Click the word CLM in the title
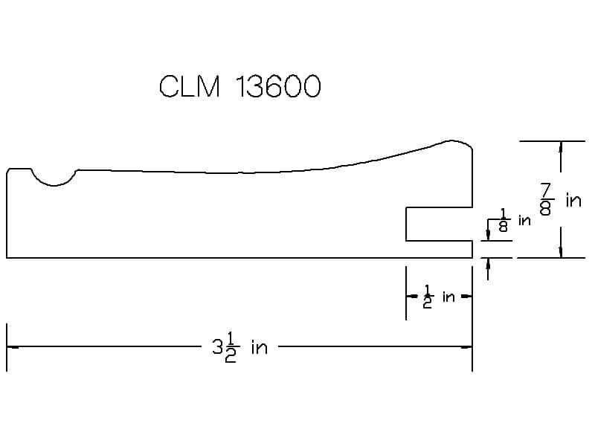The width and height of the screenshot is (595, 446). click(x=190, y=86)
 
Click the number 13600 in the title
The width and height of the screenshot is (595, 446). click(x=278, y=86)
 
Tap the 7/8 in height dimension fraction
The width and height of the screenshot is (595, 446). click(x=546, y=199)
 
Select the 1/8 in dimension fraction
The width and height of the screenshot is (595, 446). click(x=504, y=220)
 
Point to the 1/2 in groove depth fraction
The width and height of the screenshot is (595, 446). click(x=428, y=296)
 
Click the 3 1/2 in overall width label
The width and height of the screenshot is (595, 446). click(x=239, y=347)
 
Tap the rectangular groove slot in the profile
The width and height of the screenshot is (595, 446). click(x=439, y=224)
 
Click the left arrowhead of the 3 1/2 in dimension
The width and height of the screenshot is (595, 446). click(x=12, y=346)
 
